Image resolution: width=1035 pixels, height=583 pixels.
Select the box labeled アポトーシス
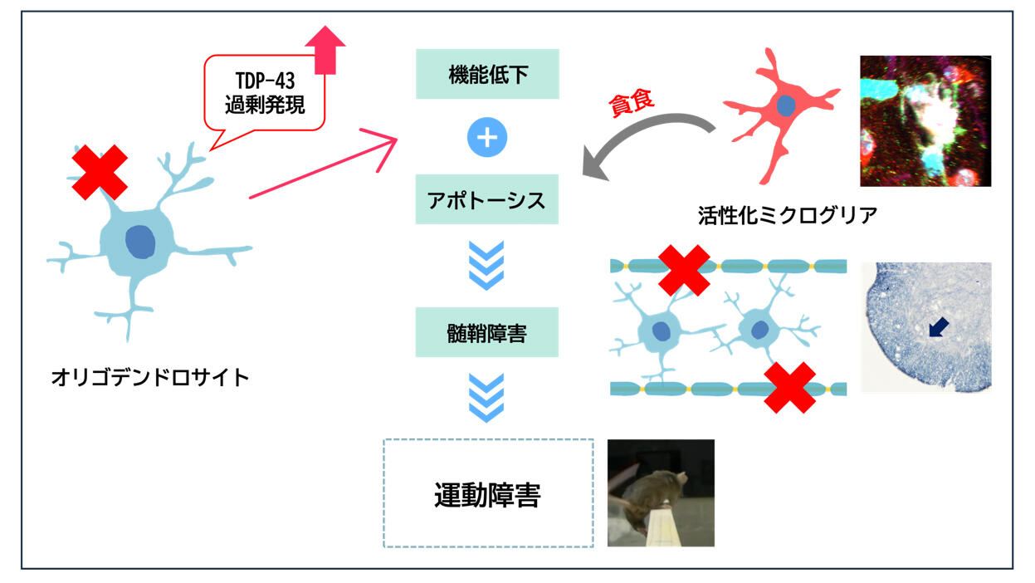click(487, 201)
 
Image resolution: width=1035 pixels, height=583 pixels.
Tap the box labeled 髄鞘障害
click(487, 334)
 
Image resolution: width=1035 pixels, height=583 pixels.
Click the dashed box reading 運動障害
click(488, 494)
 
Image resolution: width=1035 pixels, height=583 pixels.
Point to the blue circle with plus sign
click(487, 138)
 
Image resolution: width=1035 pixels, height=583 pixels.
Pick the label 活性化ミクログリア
click(788, 214)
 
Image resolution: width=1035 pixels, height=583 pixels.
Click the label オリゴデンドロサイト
click(150, 378)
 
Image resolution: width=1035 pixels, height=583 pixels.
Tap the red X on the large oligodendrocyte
click(99, 172)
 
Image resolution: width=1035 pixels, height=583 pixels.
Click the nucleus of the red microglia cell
click(784, 106)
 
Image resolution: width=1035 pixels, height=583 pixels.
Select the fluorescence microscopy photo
click(925, 120)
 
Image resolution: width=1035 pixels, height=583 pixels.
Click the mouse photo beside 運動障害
click(661, 492)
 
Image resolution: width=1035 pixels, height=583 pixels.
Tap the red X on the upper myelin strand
click(684, 269)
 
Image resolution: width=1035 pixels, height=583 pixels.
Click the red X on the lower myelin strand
click(788, 387)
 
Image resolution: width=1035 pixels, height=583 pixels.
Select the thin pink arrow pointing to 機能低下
click(324, 167)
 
